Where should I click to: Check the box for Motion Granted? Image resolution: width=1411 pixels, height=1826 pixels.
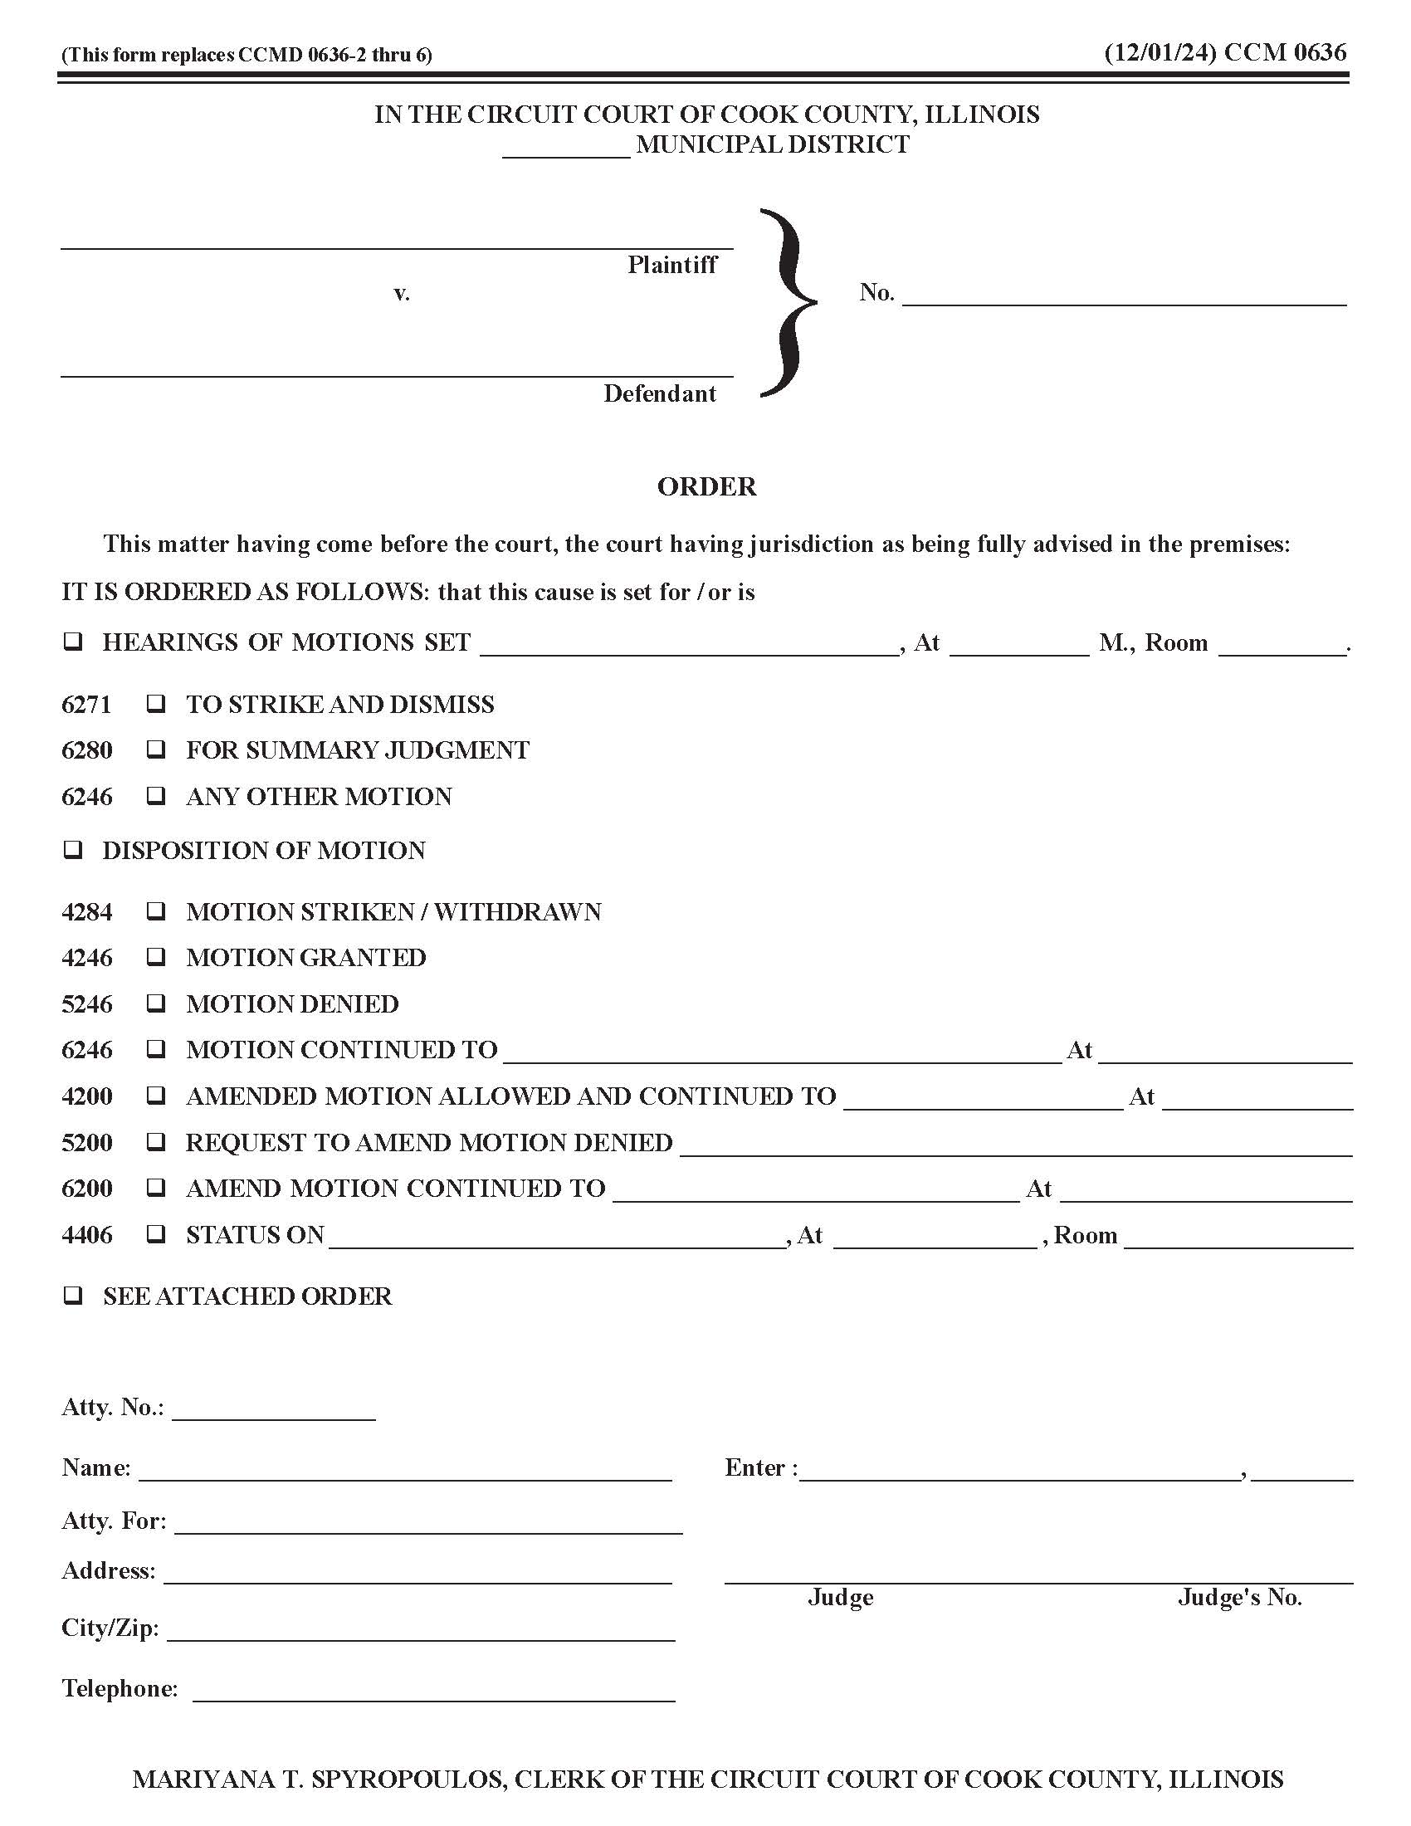[155, 957]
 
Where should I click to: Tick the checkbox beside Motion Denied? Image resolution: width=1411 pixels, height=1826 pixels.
[155, 1003]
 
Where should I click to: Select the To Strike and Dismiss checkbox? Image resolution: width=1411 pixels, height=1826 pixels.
[155, 704]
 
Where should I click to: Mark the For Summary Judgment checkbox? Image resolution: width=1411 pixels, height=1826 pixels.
[155, 750]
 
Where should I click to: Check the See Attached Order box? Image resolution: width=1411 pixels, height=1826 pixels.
[74, 1296]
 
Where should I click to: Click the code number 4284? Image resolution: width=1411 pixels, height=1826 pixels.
[87, 911]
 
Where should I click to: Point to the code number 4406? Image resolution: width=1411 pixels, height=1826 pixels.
[87, 1235]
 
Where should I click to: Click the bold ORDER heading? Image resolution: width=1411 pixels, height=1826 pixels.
[706, 486]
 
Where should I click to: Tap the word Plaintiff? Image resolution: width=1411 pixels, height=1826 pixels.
[672, 265]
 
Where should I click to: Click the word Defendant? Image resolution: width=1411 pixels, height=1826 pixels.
[660, 393]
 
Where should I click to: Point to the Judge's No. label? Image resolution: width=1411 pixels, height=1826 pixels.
[1240, 1598]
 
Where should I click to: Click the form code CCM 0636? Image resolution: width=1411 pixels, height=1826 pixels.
[1285, 52]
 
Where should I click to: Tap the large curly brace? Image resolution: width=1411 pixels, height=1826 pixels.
[788, 303]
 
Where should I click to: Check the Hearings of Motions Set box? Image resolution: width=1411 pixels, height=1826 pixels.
[74, 642]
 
